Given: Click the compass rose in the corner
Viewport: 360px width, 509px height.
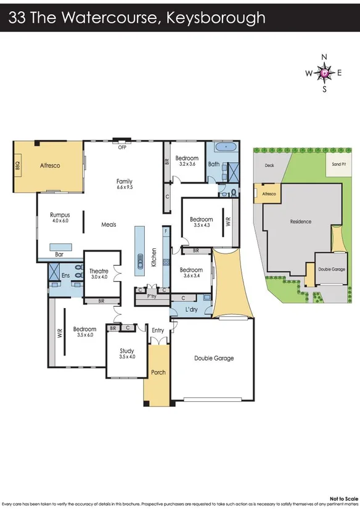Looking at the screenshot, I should [325, 73].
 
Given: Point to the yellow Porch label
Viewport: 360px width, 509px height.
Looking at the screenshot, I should [158, 372].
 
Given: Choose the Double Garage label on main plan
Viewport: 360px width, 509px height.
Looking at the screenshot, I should [213, 358].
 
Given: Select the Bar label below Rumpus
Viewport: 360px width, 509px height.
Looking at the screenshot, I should [59, 254].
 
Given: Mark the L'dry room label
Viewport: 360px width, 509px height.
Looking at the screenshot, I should [191, 307].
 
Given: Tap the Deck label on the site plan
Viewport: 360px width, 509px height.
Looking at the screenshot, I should [269, 165].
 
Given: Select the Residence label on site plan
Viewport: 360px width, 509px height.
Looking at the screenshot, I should [301, 222].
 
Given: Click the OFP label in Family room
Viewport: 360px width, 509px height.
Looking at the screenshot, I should [122, 148].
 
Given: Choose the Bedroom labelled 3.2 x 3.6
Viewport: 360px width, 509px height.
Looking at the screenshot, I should [186, 160].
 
